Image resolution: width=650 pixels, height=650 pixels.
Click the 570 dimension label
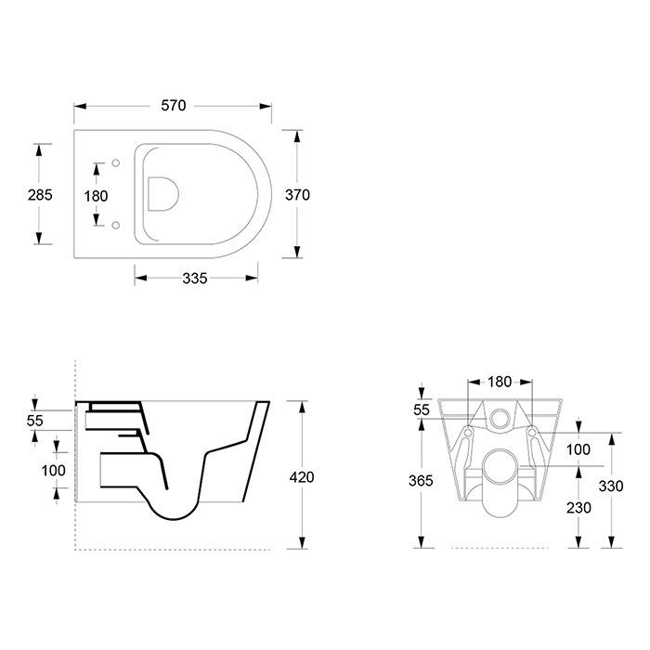tap(174, 106)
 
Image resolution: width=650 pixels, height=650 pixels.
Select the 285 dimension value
tap(40, 194)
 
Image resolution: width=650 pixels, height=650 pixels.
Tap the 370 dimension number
tap(297, 194)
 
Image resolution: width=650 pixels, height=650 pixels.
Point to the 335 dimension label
tap(195, 279)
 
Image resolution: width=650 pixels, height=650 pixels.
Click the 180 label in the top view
tap(96, 196)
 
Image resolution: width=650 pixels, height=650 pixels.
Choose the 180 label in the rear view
tap(500, 382)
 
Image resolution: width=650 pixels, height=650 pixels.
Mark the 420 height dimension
tap(302, 477)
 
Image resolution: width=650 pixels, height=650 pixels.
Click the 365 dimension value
tap(421, 480)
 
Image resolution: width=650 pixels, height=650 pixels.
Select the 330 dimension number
tap(611, 486)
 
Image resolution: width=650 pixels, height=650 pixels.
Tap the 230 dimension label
tap(578, 507)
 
